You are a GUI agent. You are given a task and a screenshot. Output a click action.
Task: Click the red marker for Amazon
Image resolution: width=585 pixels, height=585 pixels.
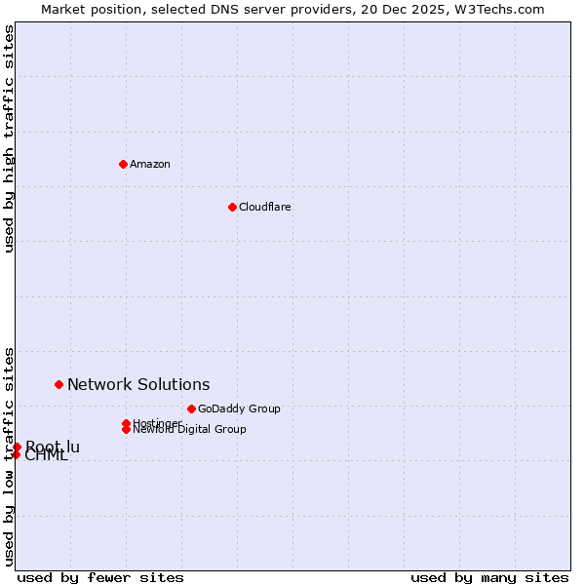(123, 164)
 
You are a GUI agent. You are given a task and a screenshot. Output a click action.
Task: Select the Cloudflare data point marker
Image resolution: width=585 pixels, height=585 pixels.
(232, 207)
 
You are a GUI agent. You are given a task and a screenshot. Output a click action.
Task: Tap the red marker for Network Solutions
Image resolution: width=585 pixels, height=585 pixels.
(58, 384)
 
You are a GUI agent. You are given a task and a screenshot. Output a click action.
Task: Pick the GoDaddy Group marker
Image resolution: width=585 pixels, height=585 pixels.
(191, 409)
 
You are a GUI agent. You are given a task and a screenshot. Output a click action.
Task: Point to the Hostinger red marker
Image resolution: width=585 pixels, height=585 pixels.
(126, 423)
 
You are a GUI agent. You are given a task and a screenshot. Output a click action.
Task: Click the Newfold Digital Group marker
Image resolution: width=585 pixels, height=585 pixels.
(126, 429)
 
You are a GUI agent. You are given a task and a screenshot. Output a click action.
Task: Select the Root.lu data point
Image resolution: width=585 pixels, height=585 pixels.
(17, 447)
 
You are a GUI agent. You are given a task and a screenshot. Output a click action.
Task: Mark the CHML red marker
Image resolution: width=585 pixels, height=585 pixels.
(16, 454)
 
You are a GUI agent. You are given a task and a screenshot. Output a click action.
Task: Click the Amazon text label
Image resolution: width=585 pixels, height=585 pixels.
(150, 164)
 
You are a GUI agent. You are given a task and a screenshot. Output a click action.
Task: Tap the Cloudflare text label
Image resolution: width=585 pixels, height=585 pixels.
(265, 207)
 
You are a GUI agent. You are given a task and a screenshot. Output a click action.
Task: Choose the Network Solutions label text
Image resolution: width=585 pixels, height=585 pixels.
(138, 385)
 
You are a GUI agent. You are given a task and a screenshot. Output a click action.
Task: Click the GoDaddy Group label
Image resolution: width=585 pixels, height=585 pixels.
(239, 409)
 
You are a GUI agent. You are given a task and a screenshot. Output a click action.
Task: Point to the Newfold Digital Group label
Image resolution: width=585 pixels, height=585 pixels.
(190, 430)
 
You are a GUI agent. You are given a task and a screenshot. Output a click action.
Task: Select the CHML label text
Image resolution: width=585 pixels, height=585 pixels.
(47, 456)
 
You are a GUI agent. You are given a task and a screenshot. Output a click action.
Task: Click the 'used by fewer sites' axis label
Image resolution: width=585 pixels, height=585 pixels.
(100, 577)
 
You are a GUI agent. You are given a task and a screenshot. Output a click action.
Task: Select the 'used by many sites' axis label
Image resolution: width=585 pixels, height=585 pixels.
(489, 577)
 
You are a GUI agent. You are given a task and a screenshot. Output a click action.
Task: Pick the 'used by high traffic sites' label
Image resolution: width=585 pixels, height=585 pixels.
(10, 138)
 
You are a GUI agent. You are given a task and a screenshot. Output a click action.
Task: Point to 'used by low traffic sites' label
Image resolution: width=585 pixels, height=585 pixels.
(10, 455)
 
